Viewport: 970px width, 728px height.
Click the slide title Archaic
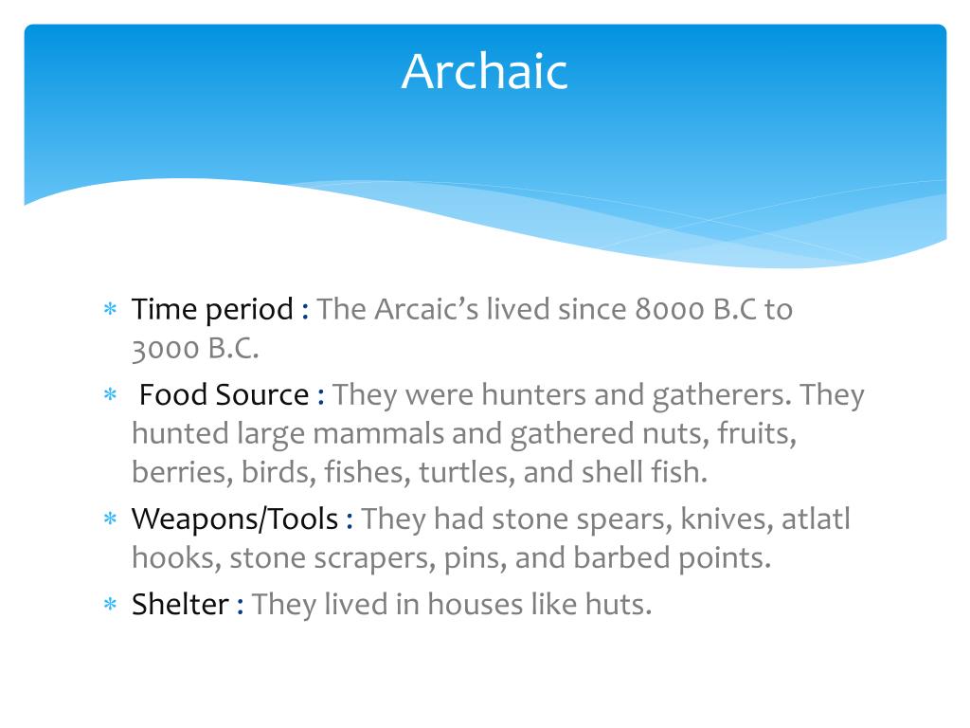[484, 72]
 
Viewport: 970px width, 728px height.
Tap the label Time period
[212, 310]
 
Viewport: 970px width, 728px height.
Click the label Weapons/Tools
[234, 519]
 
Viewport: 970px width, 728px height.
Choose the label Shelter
[180, 605]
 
